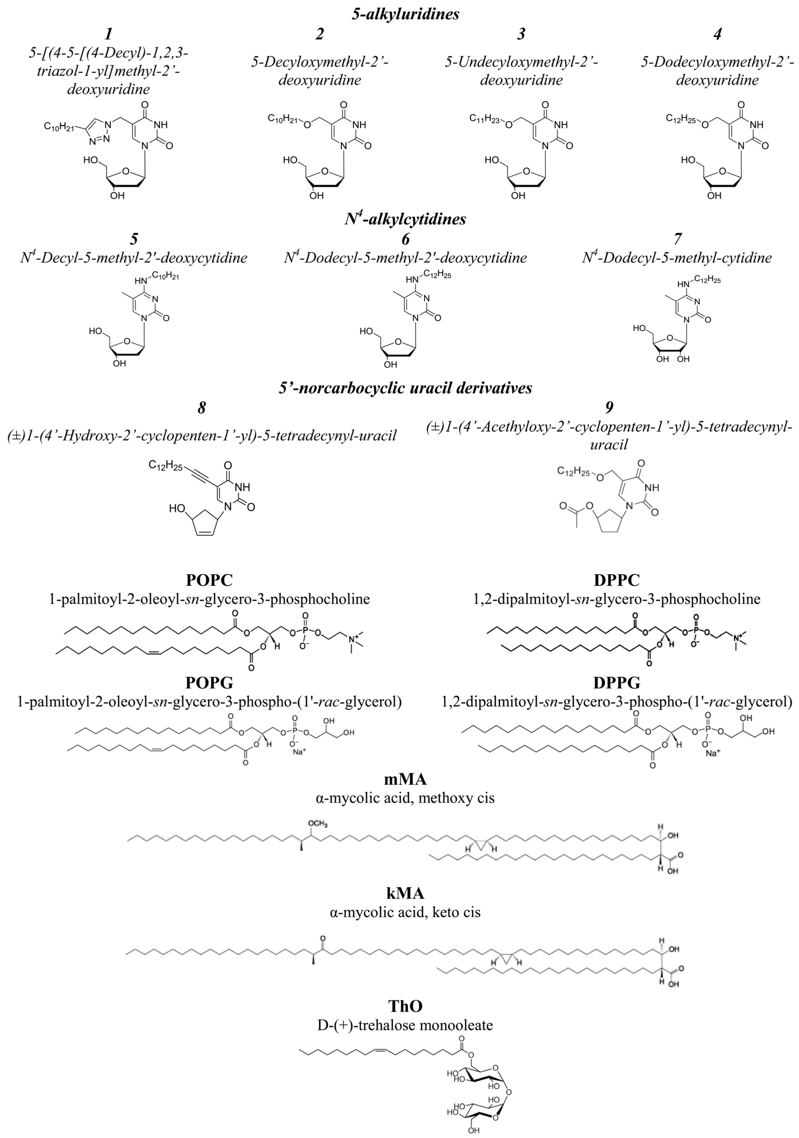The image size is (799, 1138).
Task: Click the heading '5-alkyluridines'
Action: (405, 14)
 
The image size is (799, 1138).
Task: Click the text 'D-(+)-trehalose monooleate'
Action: (405, 1025)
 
